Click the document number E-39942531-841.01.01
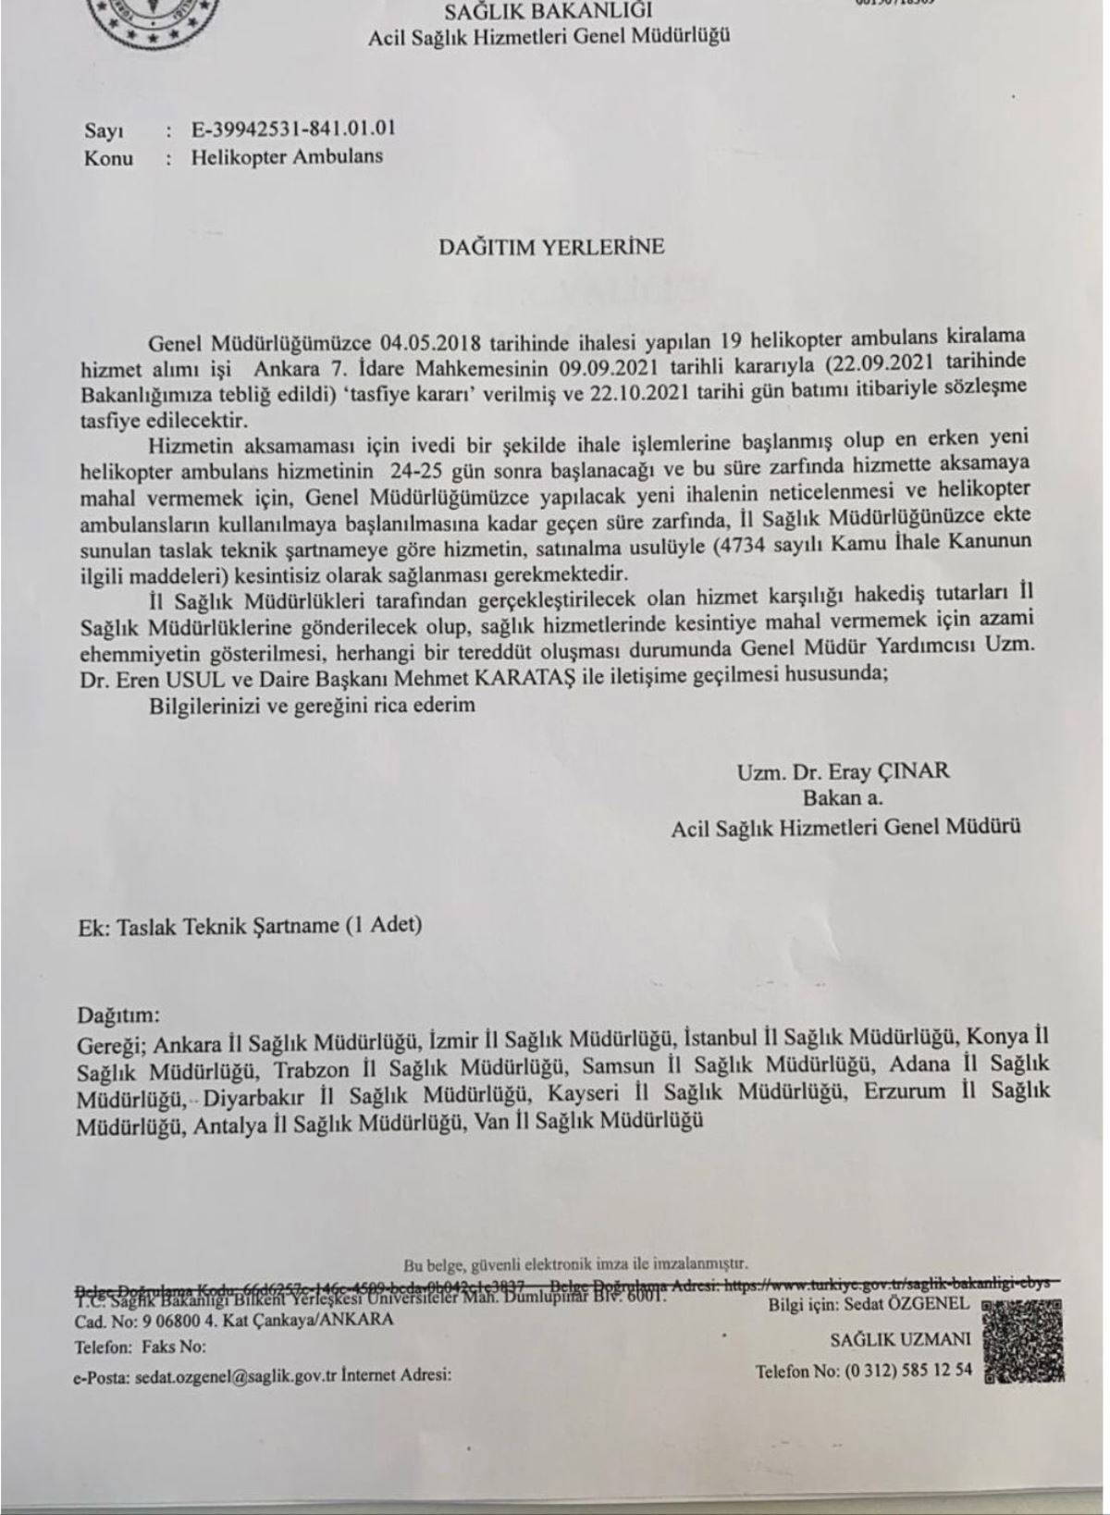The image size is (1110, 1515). click(295, 129)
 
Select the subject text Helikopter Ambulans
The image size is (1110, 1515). click(287, 156)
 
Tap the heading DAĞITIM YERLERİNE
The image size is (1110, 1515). click(551, 247)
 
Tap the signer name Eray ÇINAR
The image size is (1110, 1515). click(878, 771)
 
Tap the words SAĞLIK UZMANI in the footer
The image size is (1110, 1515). click(900, 1338)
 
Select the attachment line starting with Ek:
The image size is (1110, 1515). click(250, 925)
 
